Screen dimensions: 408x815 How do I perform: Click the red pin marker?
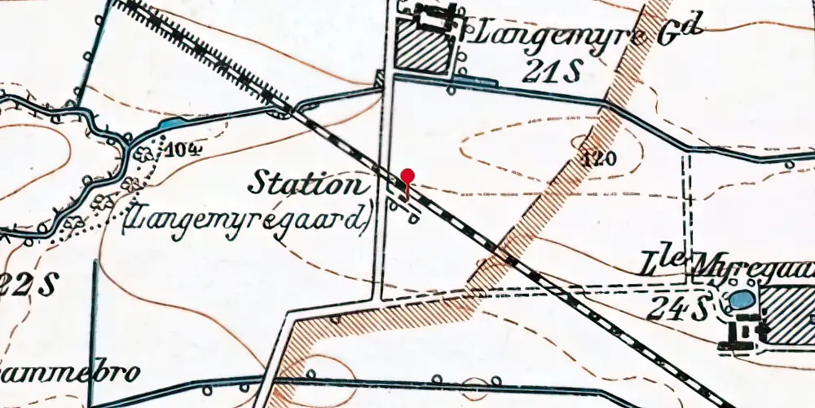(x=408, y=175)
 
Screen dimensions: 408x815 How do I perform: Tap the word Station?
(x=307, y=184)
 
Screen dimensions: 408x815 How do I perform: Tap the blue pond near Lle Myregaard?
(x=741, y=299)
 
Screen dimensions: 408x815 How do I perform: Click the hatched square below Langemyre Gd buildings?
(x=423, y=47)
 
